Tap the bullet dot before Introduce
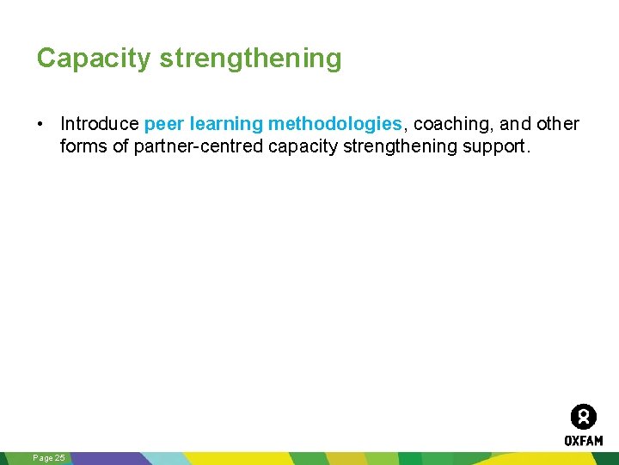(41, 124)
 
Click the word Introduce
(99, 124)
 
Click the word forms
(83, 146)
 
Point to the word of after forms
(121, 146)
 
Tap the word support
(497, 146)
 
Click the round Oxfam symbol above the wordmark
(584, 417)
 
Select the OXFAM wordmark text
(584, 440)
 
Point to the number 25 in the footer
(59, 458)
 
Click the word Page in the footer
(42, 458)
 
